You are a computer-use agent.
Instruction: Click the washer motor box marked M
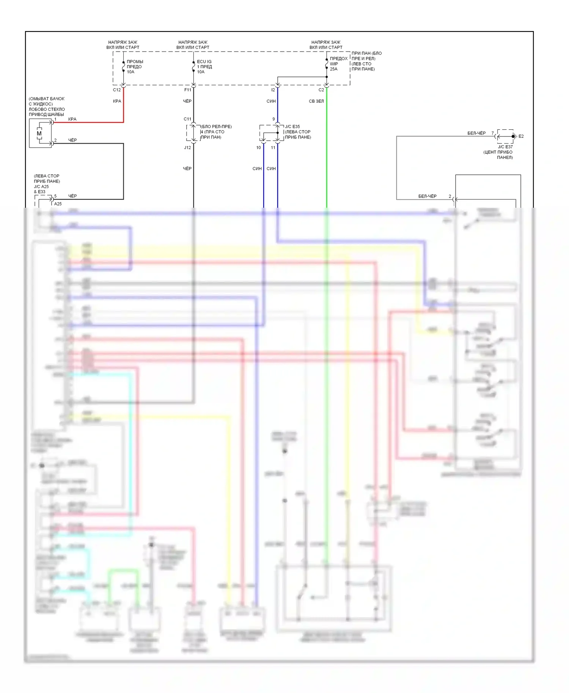point(40,133)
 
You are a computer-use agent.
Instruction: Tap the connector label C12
point(117,90)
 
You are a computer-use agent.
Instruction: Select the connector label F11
point(188,90)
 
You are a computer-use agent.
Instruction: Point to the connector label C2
point(321,90)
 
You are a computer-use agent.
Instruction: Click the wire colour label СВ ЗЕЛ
point(316,101)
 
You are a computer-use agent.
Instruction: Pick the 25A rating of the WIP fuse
point(333,69)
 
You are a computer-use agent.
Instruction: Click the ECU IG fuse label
point(204,61)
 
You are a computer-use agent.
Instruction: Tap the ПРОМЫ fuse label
point(135,61)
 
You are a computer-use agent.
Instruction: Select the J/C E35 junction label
point(292,127)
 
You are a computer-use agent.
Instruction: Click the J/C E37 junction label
point(505,147)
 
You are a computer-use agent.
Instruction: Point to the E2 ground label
point(521,136)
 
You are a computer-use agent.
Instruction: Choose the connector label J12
point(187,147)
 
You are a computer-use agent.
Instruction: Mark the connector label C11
point(187,119)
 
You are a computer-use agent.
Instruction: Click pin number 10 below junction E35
point(258,147)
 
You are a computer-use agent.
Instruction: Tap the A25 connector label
point(58,204)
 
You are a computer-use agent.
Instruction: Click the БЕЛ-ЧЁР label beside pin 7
point(476,133)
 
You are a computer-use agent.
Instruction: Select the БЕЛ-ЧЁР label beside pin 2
point(427,196)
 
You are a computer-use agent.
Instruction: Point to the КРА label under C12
point(117,101)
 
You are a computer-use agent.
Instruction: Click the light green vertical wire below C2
point(327,152)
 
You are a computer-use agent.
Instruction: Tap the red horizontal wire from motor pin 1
point(91,122)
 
